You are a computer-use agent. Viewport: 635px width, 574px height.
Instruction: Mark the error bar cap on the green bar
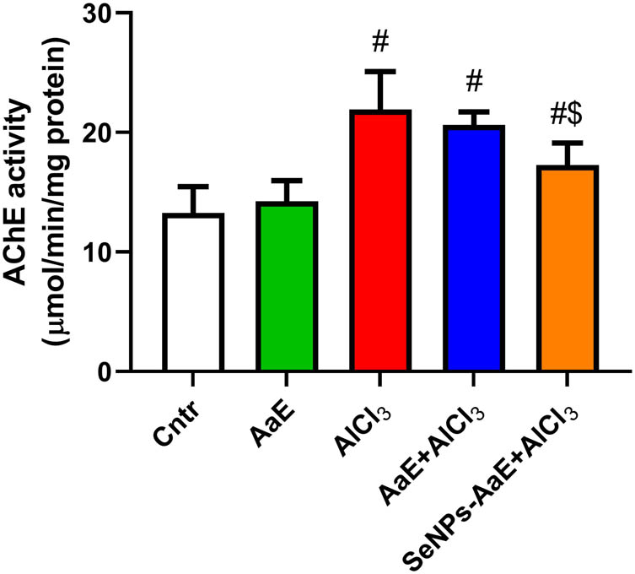click(x=287, y=180)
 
